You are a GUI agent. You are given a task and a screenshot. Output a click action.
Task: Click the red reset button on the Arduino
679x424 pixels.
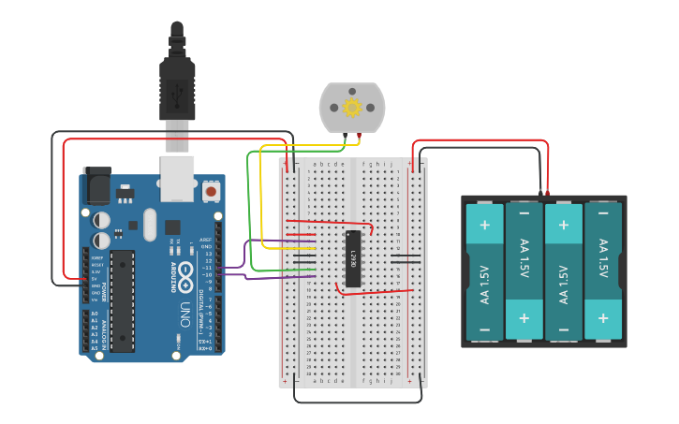pyautogui.click(x=211, y=191)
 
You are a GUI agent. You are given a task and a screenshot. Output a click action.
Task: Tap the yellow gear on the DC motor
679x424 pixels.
pyautogui.click(x=352, y=108)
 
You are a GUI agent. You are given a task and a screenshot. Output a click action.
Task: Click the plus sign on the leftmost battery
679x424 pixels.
pyautogui.click(x=484, y=225)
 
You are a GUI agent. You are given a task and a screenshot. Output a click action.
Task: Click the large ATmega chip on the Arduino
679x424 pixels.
pyautogui.click(x=123, y=300)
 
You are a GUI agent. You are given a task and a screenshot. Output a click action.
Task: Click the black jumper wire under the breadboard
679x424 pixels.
pyautogui.click(x=356, y=402)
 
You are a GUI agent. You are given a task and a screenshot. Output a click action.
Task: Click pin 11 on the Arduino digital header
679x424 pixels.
pyautogui.click(x=218, y=267)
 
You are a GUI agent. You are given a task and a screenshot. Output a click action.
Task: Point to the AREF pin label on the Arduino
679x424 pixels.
pyautogui.click(x=207, y=240)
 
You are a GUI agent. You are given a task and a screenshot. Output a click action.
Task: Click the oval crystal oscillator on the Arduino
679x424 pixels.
pyautogui.click(x=150, y=225)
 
